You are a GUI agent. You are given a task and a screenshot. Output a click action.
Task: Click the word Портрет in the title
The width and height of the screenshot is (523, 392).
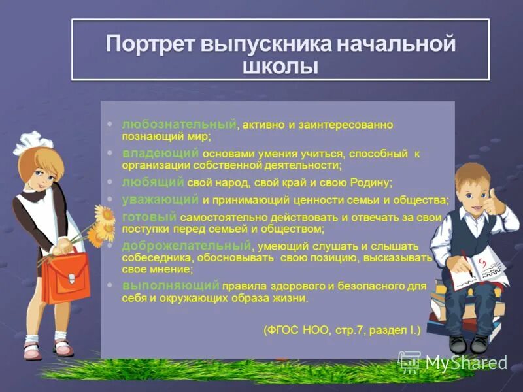151,45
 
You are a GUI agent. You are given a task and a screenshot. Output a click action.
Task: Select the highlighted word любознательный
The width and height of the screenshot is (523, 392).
178,123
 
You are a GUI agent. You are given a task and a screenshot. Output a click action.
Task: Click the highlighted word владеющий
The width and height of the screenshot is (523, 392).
161,152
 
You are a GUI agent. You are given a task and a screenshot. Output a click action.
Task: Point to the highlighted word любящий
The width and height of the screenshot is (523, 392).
154,182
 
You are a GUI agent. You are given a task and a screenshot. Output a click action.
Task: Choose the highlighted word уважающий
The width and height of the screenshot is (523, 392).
161,199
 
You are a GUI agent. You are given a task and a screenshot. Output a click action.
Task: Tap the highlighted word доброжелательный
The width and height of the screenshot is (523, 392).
186,245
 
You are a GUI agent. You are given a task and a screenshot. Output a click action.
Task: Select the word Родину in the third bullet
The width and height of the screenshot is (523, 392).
373,182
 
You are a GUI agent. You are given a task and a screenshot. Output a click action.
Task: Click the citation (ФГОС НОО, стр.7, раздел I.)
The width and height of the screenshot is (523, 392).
342,331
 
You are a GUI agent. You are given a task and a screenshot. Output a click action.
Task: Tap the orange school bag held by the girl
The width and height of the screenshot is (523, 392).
65,277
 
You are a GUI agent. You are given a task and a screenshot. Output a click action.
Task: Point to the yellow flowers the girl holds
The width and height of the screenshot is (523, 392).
101,225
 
